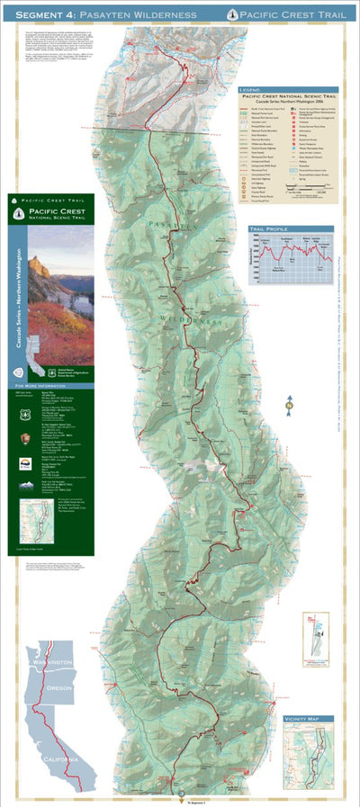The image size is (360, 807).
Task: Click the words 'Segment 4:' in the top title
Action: tap(38, 13)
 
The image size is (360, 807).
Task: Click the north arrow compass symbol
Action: tap(289, 407)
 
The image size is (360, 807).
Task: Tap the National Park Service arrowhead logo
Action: tap(25, 442)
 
